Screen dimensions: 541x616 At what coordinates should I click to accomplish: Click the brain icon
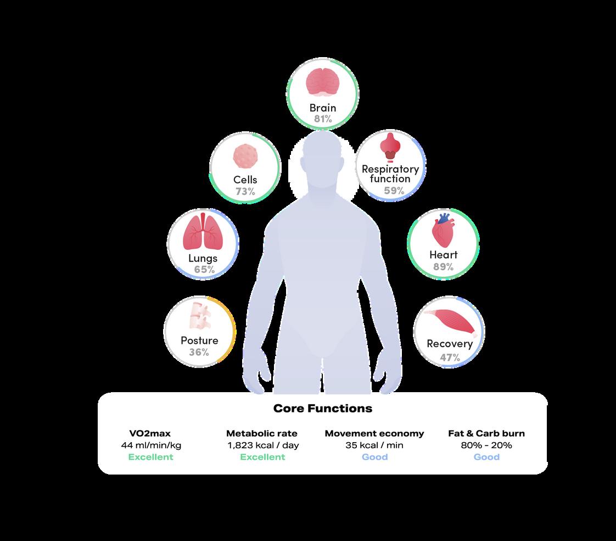click(322, 83)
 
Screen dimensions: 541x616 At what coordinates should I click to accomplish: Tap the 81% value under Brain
click(323, 119)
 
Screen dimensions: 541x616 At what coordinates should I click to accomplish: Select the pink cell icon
click(245, 157)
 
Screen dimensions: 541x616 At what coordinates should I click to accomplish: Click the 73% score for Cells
click(245, 191)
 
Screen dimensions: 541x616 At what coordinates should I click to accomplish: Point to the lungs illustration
click(203, 232)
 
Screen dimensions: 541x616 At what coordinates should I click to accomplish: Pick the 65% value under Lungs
click(204, 270)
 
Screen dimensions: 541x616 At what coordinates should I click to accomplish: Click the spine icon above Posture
click(199, 317)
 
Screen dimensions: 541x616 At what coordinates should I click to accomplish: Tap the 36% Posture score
click(199, 352)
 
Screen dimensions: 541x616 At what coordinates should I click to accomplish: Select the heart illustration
click(443, 230)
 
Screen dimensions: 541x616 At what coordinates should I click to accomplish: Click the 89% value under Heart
click(443, 267)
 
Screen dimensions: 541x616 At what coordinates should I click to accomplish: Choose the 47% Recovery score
click(450, 358)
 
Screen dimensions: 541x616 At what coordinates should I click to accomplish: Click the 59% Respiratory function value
click(394, 191)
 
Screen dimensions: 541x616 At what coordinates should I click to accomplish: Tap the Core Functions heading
click(322, 409)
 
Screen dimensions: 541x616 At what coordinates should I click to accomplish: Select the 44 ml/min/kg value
click(150, 445)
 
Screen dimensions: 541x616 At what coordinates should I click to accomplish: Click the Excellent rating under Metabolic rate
click(262, 457)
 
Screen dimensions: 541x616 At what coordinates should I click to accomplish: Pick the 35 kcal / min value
click(374, 445)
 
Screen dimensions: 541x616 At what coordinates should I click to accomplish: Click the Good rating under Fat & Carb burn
click(486, 457)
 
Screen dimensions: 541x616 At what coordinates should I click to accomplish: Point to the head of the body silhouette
click(322, 157)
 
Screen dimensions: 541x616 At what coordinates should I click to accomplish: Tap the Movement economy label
click(374, 433)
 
